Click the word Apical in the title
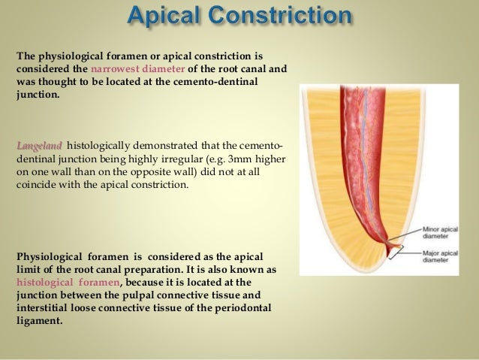[166, 16]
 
